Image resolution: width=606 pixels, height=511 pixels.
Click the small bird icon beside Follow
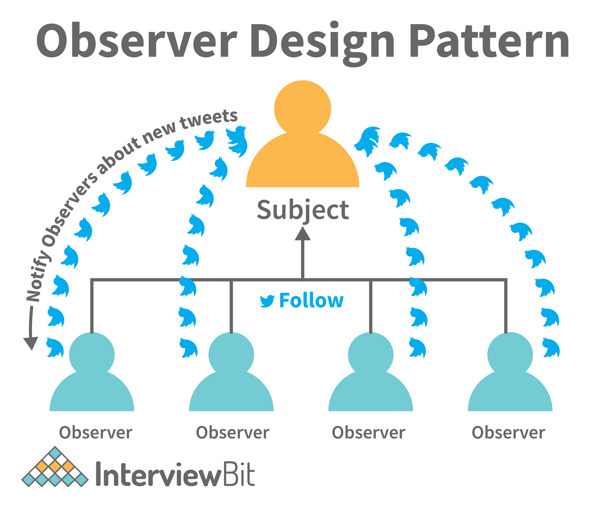point(267,301)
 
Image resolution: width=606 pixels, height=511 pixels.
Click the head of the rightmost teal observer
point(510,355)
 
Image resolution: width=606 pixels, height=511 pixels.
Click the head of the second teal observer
point(231,355)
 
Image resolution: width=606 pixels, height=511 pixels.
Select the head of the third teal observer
point(371,355)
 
